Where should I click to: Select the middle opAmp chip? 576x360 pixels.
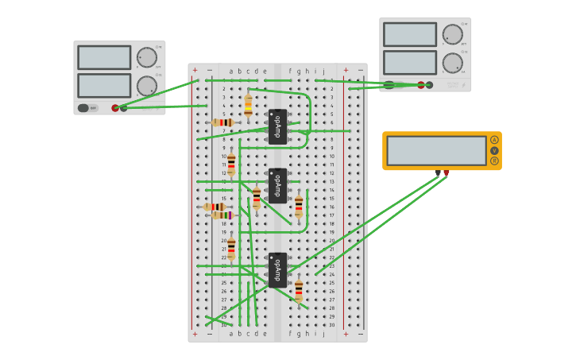pos(277,186)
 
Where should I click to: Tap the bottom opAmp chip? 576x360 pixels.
pos(277,270)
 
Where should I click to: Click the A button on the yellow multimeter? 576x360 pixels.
pos(494,140)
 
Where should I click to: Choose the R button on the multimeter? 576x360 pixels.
pos(494,161)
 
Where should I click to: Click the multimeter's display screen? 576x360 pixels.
pos(436,150)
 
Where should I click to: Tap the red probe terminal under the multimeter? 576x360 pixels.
pos(446,172)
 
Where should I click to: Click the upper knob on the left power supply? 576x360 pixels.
pos(147,57)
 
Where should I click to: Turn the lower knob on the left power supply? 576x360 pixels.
pos(147,86)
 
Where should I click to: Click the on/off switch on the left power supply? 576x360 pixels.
pos(86,108)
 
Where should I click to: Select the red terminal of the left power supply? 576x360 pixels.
pos(115,108)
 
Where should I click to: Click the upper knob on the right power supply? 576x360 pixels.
pos(452,34)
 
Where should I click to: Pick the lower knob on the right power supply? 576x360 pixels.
pos(452,63)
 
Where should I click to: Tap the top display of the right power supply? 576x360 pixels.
pos(410,34)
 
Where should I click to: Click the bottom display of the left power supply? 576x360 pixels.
pos(104,86)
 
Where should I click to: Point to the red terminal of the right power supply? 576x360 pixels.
pos(421,85)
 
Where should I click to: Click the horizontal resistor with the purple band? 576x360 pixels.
pos(222,215)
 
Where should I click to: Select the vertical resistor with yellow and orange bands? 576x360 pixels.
pos(248,106)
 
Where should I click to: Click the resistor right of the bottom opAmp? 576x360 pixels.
pos(299,290)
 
